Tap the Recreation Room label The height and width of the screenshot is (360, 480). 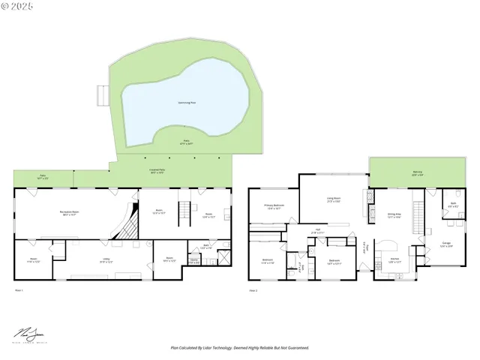(70, 213)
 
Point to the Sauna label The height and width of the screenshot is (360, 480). (193, 261)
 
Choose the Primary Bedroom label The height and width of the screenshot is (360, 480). (273, 206)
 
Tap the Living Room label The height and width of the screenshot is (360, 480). (333, 199)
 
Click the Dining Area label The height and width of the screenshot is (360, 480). (394, 214)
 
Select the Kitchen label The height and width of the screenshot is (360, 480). (394, 260)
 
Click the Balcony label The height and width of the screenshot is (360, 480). (417, 172)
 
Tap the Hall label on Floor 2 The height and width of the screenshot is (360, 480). (318, 231)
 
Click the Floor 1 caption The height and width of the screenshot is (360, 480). (19, 290)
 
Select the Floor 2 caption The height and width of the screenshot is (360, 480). (253, 290)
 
